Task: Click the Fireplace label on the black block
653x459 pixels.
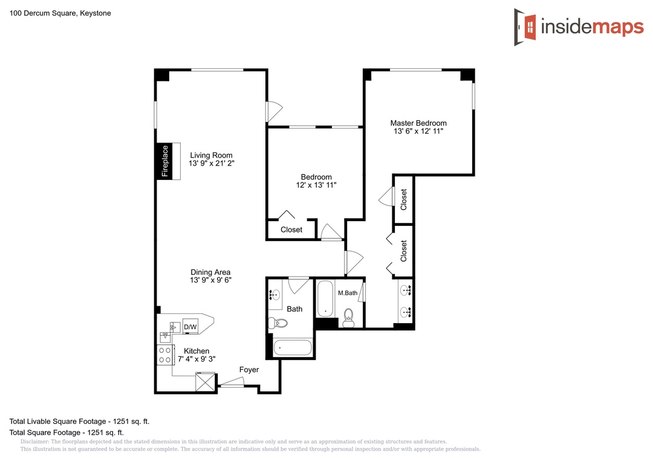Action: click(165, 161)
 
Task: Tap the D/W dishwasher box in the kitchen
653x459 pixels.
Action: click(190, 327)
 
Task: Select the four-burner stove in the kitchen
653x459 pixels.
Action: click(165, 355)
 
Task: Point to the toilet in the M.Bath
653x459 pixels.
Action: click(348, 318)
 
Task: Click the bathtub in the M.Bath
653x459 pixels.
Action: click(325, 299)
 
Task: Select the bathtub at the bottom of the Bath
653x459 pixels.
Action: click(293, 347)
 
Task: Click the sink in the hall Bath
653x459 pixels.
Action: click(275, 295)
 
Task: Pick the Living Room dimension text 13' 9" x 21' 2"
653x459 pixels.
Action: click(212, 164)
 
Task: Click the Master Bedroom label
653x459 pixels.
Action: click(418, 123)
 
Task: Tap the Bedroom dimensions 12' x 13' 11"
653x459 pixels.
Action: click(316, 185)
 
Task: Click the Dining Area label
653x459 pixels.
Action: click(210, 272)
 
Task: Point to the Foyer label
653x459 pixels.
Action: click(249, 370)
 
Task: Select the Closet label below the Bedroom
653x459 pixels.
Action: click(291, 230)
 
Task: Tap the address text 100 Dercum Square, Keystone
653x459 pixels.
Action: click(60, 13)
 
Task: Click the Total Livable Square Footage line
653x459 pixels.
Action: click(80, 421)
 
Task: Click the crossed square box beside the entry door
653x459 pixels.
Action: click(206, 382)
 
